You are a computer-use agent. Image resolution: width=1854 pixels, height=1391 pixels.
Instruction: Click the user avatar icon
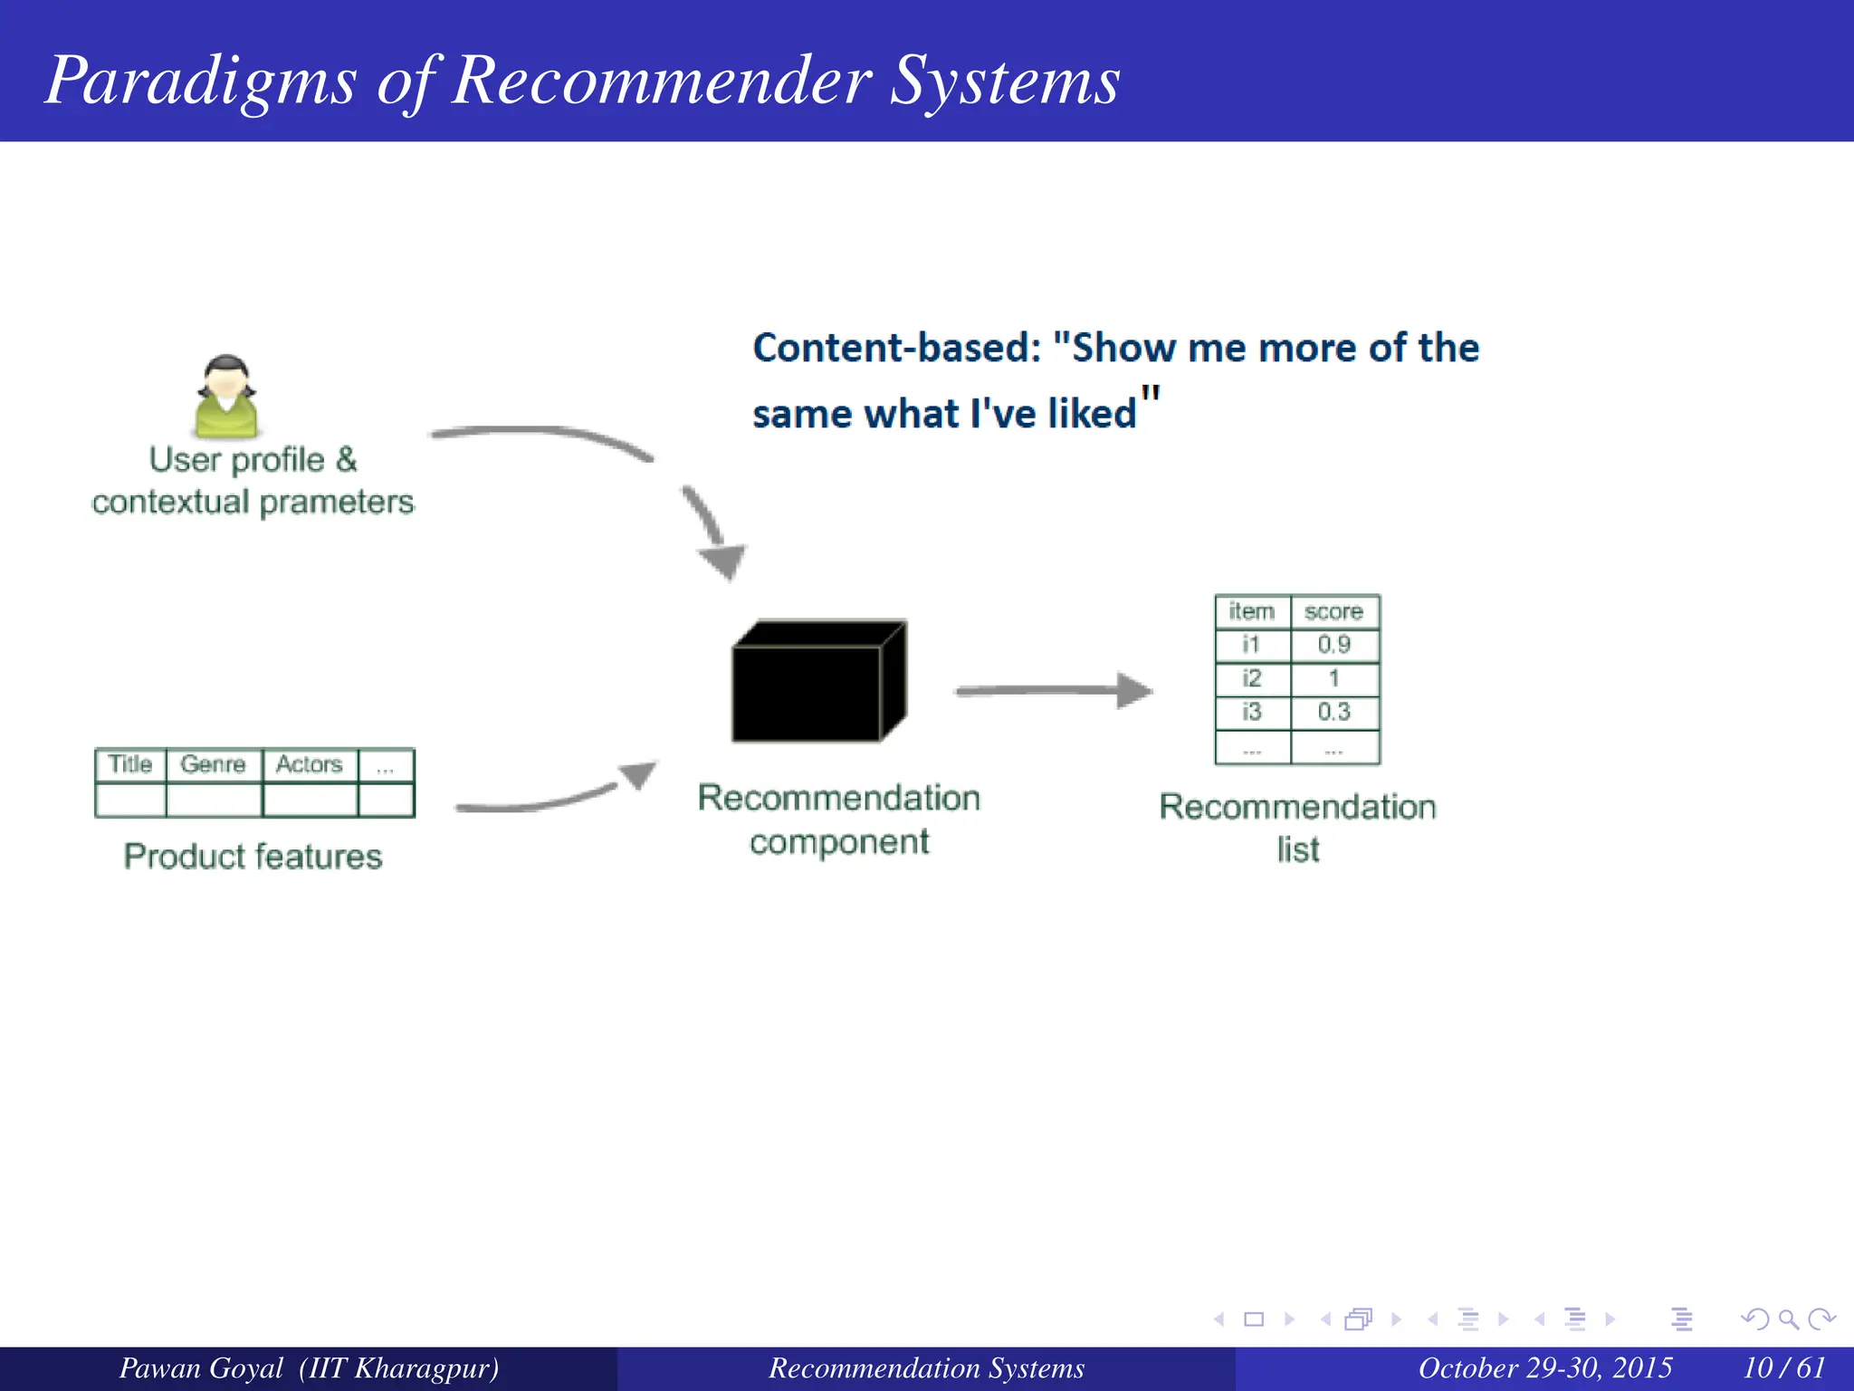[x=226, y=397]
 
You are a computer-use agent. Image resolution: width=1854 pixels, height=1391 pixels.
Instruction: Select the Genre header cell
[x=214, y=764]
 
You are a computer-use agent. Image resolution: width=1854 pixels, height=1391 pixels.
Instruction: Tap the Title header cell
[x=130, y=764]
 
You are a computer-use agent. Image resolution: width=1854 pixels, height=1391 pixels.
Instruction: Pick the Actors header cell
[x=309, y=764]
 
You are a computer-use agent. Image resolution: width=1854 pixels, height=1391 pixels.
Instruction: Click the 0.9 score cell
[x=1333, y=645]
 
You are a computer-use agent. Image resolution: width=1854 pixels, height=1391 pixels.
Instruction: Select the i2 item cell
[x=1251, y=678]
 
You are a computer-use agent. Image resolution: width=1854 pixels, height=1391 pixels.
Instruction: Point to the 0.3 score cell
[x=1333, y=712]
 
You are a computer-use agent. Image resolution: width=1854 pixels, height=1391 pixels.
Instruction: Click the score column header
[x=1333, y=612]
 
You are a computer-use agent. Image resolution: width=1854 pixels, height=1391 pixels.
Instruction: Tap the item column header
[x=1251, y=612]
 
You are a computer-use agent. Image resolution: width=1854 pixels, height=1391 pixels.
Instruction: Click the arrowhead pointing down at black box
[x=723, y=561]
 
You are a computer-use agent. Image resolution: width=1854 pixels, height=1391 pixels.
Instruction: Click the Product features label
[x=253, y=857]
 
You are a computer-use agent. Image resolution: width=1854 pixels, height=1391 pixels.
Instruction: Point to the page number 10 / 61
[x=1783, y=1367]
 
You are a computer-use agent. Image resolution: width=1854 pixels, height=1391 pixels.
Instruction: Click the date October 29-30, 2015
[x=1544, y=1367]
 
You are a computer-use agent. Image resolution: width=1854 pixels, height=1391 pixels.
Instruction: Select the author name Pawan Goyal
[x=201, y=1367]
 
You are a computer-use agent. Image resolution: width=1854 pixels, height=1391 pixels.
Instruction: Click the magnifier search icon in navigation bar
[x=1788, y=1319]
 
